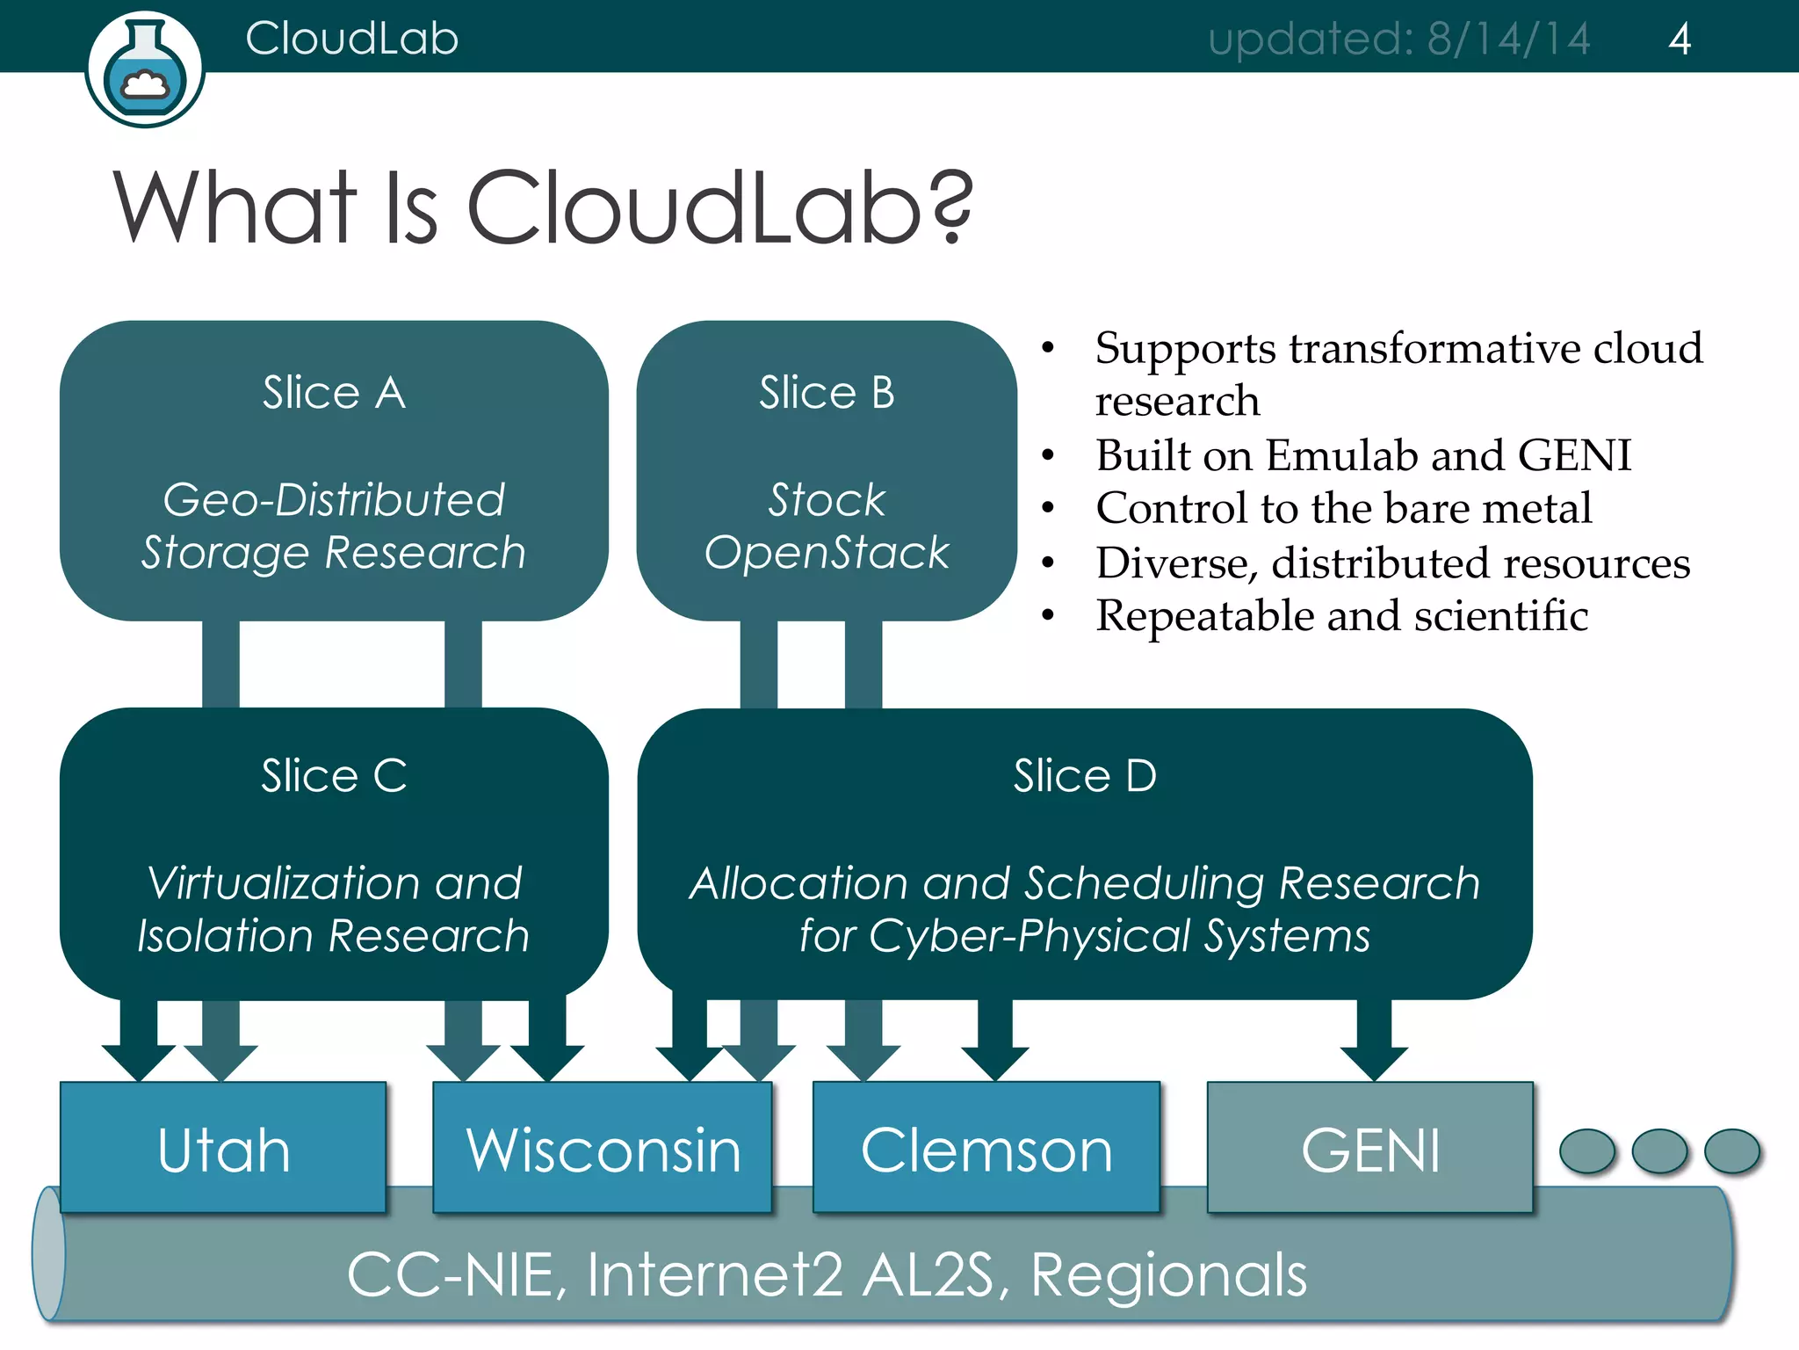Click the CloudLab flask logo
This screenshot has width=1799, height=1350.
point(145,70)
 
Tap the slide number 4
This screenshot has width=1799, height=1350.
point(1679,40)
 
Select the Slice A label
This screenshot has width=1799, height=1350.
point(334,392)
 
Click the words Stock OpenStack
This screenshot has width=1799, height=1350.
point(827,526)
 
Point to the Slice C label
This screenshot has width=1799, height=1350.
point(334,775)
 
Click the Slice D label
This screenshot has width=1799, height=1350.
point(1085,775)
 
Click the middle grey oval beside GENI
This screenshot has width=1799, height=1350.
point(1659,1150)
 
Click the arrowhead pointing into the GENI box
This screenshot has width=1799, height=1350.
point(1374,1063)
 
